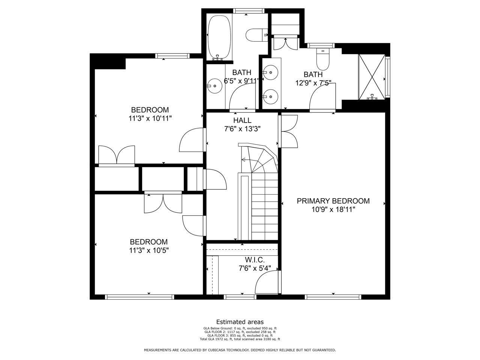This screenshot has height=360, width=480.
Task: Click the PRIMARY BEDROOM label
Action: (333, 201)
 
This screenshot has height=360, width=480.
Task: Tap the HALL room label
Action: (242, 120)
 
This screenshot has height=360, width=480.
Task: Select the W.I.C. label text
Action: (255, 260)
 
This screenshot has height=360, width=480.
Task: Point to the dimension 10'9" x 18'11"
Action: (333, 210)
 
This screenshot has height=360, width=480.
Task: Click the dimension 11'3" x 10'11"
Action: (150, 118)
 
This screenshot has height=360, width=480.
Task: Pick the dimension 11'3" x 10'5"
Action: (149, 250)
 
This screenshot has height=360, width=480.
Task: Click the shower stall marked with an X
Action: (372, 77)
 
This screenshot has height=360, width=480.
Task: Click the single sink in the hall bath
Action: (214, 86)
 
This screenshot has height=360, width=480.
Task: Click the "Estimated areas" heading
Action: (240, 322)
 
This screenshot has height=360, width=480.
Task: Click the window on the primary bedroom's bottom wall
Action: (333, 297)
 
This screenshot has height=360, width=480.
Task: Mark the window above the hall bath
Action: (249, 11)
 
